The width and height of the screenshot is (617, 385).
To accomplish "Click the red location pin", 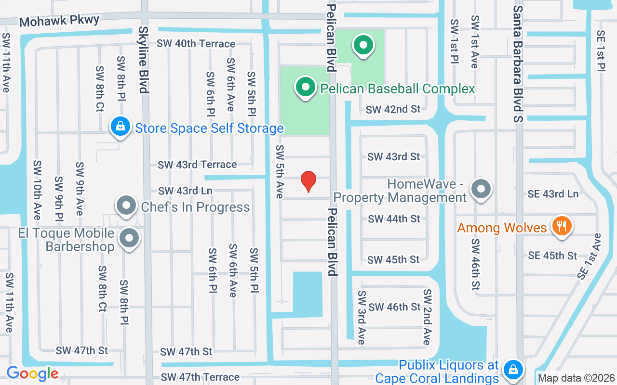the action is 308,181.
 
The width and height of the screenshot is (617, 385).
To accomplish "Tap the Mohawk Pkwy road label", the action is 59,21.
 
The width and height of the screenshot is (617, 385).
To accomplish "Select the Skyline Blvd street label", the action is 144,60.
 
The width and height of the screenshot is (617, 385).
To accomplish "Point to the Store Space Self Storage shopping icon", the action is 121,127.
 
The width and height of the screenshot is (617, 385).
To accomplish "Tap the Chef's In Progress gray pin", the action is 127,206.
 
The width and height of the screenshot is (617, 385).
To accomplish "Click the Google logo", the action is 32,373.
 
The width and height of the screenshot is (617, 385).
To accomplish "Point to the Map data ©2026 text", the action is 577,378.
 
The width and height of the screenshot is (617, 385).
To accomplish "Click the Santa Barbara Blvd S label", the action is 518,64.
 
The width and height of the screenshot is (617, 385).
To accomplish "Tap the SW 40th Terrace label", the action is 196,44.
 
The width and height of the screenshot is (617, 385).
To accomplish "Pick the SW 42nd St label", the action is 393,109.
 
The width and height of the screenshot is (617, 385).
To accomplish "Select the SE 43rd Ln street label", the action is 553,194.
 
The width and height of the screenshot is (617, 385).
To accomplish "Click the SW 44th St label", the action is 394,219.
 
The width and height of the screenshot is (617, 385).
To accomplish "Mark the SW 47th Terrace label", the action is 200,377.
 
